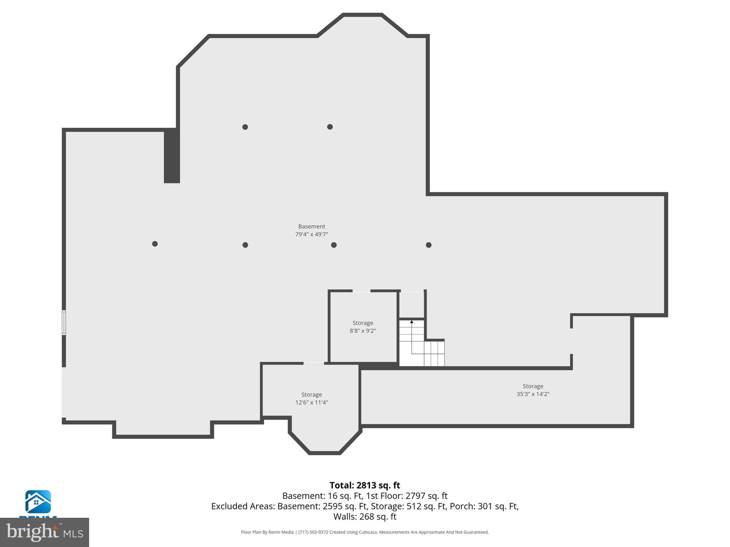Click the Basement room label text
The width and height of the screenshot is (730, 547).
312,226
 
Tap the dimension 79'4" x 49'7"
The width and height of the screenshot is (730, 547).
312,234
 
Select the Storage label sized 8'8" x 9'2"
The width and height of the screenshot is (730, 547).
363,323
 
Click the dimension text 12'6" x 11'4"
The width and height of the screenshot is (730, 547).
312,402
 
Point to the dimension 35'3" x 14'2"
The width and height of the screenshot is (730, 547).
533,394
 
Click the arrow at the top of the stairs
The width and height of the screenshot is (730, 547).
412,322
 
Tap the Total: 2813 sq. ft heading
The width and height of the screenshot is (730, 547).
365,485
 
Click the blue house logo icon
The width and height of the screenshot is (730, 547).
38,502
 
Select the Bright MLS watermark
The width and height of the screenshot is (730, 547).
45,532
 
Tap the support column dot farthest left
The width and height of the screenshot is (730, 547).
155,244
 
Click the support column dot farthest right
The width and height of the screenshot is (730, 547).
429,245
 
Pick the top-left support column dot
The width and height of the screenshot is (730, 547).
245,127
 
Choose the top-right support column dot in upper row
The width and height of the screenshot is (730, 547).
330,127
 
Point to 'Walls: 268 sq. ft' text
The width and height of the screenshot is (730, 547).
365,516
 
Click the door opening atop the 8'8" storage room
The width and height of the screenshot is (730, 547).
361,291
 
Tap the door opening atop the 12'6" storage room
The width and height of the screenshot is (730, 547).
314,363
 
